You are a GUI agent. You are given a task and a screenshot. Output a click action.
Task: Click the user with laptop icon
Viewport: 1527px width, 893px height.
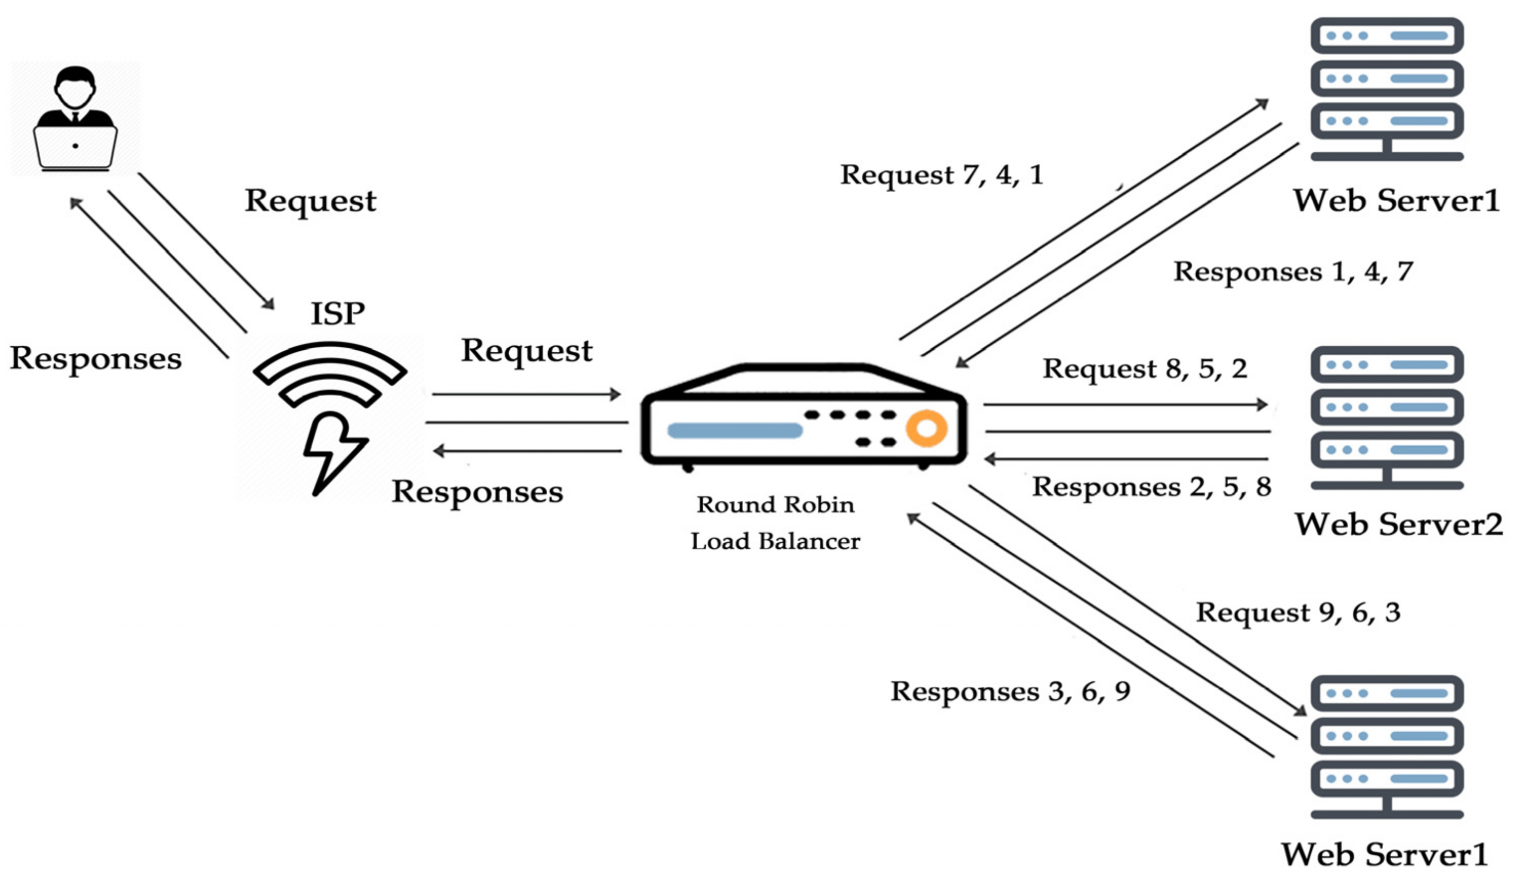point(76,119)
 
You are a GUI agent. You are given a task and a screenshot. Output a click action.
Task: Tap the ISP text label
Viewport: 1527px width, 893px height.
point(337,314)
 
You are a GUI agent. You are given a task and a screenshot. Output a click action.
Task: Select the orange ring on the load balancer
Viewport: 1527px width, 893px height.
point(926,429)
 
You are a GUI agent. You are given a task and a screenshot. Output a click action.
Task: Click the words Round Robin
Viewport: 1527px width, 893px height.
point(774,505)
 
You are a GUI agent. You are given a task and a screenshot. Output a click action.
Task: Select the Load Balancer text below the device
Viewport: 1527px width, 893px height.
point(774,542)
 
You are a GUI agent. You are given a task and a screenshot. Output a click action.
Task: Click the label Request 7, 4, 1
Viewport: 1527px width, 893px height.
point(940,176)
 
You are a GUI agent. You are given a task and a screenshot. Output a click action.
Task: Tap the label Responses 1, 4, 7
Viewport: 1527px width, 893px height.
point(1292,272)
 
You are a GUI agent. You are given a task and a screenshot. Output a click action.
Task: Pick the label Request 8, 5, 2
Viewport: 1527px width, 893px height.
point(1144,370)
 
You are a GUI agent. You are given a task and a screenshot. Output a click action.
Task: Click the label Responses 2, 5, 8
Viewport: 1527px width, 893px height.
point(1151,487)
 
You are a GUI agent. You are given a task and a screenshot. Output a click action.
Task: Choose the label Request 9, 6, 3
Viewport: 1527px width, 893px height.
point(1297,613)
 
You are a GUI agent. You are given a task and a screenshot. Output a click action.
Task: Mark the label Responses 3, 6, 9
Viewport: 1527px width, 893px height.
point(1010,692)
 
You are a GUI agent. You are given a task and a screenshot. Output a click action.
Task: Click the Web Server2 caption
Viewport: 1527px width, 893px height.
point(1398,525)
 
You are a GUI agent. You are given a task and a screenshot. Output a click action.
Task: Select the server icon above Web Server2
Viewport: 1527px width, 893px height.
point(1387,418)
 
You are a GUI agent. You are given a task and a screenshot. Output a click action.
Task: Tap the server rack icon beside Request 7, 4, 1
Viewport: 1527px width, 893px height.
point(1387,89)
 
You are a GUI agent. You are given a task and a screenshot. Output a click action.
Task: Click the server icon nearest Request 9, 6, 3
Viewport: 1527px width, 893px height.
point(1387,746)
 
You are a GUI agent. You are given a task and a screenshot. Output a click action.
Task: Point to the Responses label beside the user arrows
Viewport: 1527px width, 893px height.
point(95,359)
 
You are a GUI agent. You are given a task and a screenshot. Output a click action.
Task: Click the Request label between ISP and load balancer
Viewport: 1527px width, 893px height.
point(526,351)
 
